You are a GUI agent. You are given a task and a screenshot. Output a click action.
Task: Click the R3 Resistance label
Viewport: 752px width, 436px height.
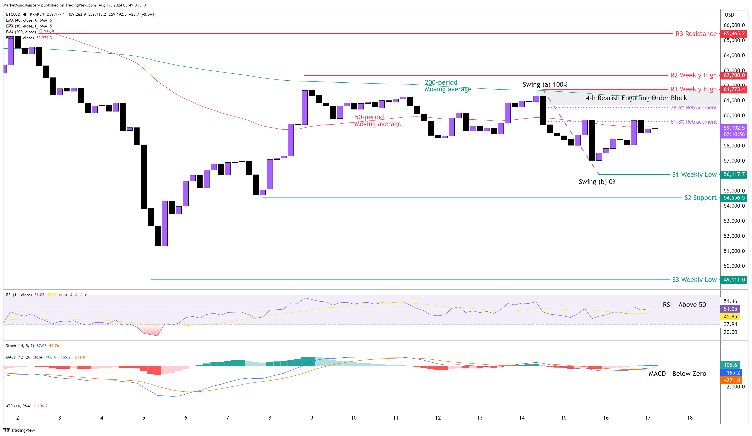(x=696, y=34)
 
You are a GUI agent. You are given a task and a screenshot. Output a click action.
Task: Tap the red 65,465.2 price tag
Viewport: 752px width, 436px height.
(x=734, y=34)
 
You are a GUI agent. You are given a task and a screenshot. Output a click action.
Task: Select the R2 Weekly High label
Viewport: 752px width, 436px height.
(x=693, y=75)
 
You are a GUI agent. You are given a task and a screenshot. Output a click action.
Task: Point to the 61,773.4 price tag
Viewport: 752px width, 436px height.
(x=734, y=89)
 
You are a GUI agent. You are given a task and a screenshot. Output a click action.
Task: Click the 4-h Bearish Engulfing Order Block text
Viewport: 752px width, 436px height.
(x=636, y=98)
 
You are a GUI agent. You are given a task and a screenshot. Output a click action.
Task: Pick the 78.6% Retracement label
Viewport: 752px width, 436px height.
(x=693, y=107)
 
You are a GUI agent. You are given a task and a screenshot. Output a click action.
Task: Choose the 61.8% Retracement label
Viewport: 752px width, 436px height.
(x=693, y=122)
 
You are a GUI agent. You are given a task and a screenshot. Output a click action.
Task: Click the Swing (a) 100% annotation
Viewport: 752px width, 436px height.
(x=545, y=84)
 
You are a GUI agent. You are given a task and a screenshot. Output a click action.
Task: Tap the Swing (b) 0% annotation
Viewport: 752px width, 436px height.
(x=597, y=182)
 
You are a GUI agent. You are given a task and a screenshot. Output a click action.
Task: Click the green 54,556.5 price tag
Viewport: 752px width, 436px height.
(x=734, y=198)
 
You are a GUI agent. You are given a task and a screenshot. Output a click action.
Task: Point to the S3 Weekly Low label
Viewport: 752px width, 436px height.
(x=694, y=280)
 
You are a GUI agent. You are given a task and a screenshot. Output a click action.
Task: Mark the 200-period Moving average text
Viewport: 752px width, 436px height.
(x=448, y=86)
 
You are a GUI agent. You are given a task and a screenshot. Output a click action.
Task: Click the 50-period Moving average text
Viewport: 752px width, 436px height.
(x=378, y=120)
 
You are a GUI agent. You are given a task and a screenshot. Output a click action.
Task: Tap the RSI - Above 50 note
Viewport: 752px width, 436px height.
(x=684, y=305)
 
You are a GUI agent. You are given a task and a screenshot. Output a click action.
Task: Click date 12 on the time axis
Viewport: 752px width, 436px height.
(x=438, y=418)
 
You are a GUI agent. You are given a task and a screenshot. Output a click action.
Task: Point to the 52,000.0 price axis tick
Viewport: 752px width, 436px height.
(x=734, y=236)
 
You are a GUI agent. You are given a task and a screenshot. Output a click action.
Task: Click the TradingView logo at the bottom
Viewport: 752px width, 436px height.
(x=19, y=430)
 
